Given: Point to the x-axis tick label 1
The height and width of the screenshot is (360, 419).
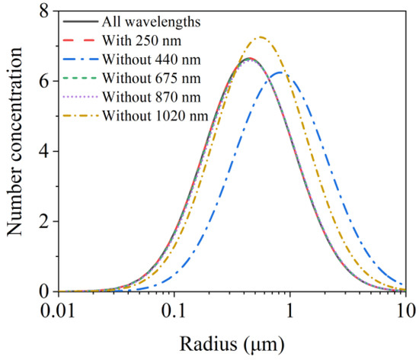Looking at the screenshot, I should point(289,311).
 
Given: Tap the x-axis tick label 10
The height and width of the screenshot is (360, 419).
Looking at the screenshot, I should point(404,311).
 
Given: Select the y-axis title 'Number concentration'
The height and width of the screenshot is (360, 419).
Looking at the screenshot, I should point(17,152).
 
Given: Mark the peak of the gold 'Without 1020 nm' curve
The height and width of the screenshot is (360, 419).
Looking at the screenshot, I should point(261,37).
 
